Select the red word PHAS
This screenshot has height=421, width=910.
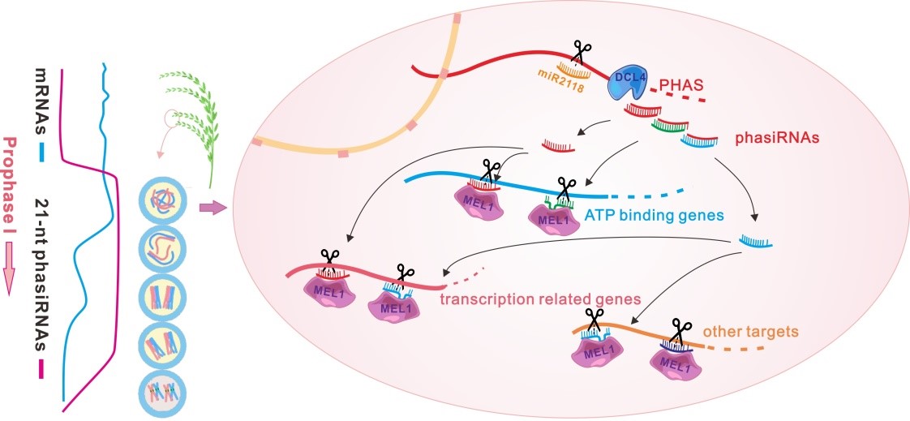677,84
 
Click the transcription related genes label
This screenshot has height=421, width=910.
539,299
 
